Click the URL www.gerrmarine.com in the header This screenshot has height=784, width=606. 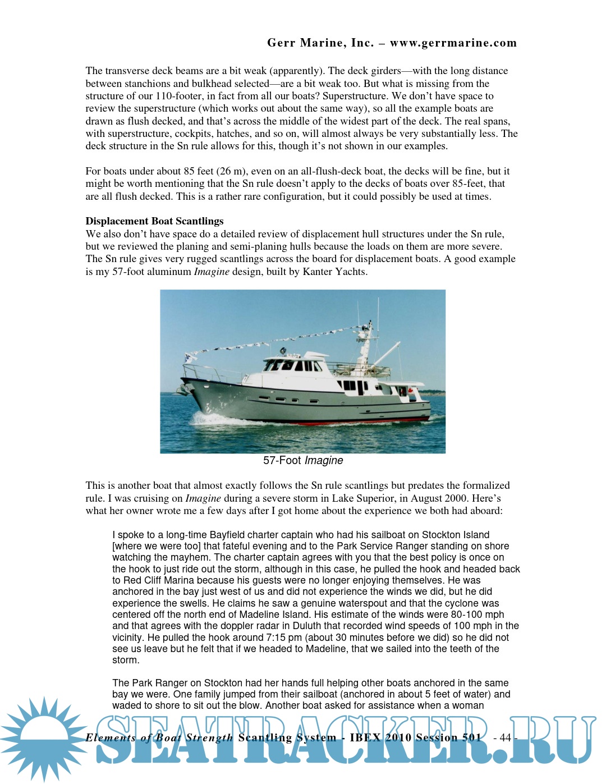453,43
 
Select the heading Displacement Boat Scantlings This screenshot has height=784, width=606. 154,221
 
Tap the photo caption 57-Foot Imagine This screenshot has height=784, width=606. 303,461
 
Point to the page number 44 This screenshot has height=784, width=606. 505,737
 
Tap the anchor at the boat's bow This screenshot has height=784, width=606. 182,389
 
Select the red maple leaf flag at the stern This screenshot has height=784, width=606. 410,389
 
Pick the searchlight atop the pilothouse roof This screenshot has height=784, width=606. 283,351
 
